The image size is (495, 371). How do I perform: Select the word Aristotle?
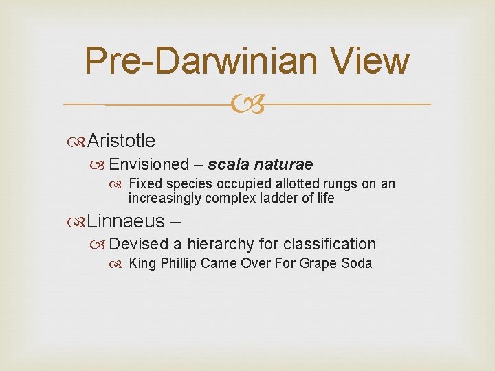(122, 141)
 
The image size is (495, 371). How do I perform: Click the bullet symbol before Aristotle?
(79, 142)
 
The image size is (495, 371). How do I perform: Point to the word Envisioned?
(148, 164)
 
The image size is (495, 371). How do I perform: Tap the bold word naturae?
(283, 164)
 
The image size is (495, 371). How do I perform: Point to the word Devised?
(138, 244)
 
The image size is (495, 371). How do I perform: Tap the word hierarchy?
(221, 244)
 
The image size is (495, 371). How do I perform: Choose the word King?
(142, 263)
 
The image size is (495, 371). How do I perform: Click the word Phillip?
(178, 263)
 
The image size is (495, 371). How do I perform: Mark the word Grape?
(319, 263)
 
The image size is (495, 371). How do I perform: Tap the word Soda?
(357, 263)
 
